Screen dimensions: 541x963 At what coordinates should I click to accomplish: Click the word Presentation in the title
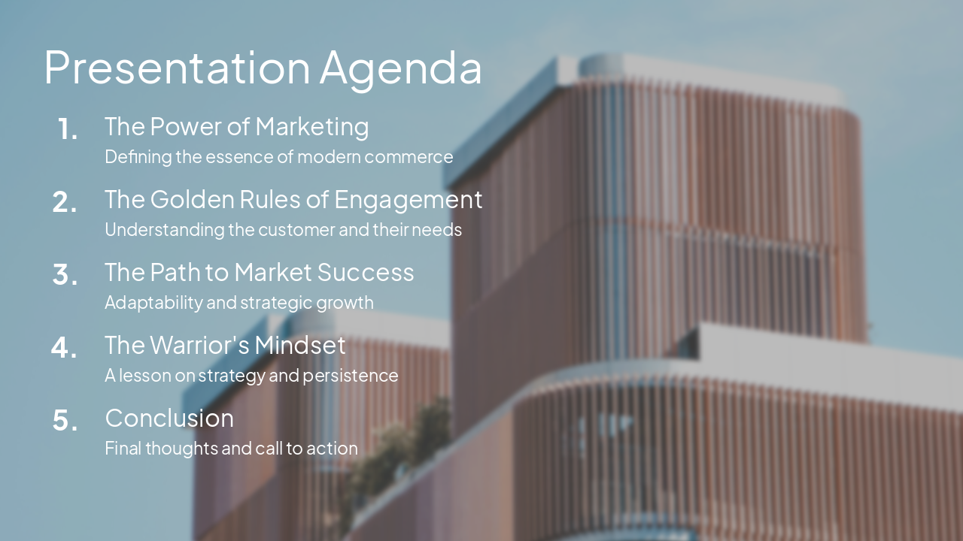click(177, 68)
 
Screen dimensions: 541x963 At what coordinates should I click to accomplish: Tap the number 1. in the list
click(68, 129)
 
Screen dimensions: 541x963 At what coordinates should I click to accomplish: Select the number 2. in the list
click(65, 202)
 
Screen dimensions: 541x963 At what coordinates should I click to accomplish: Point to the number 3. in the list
click(65, 275)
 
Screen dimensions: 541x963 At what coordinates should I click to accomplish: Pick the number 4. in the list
click(65, 348)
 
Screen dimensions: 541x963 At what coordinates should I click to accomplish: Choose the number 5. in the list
click(65, 421)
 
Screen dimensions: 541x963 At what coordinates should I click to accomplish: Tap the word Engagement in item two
click(408, 200)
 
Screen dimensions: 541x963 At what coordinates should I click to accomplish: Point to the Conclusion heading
click(169, 418)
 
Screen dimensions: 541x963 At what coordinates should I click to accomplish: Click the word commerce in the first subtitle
click(417, 157)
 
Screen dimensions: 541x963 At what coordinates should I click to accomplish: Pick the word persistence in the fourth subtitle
click(351, 376)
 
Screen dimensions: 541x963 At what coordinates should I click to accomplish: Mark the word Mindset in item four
click(300, 345)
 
